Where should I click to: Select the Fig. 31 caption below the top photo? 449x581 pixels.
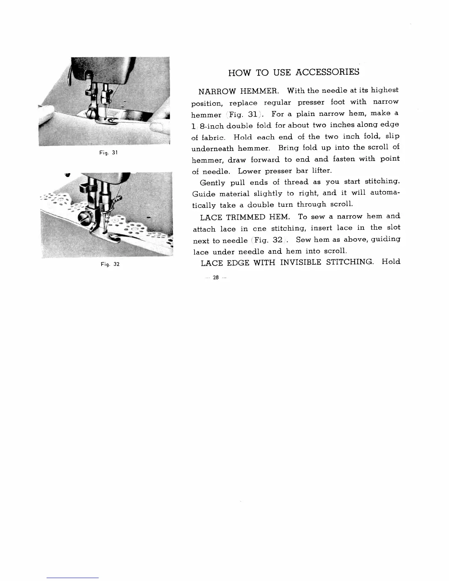[108, 152]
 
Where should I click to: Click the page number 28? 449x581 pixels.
[216, 278]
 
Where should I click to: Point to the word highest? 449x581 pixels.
[384, 90]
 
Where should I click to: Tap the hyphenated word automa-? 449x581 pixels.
[385, 193]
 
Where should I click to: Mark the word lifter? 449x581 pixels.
[322, 171]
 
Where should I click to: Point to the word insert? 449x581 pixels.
[321, 228]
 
